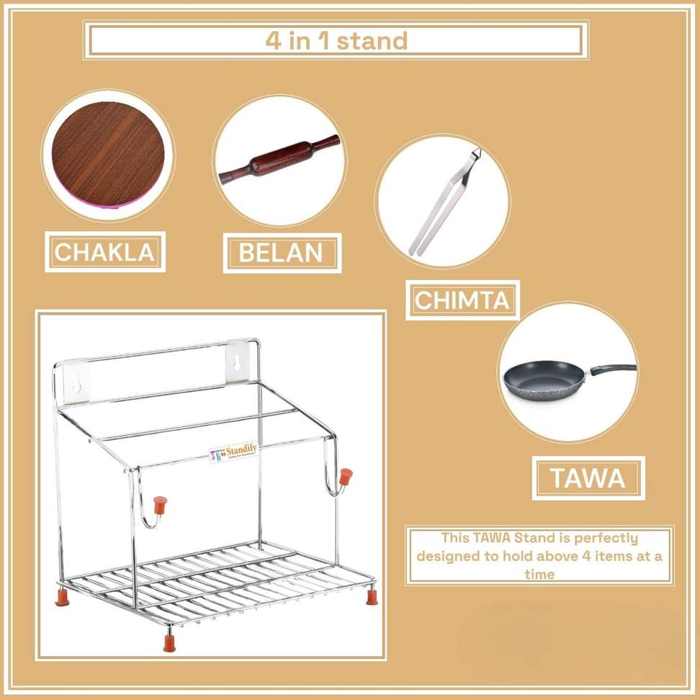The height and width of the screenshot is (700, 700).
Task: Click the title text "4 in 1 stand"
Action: tap(336, 40)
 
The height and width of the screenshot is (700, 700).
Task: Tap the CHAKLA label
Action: tap(105, 252)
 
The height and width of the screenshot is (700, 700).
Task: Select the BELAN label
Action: tap(281, 253)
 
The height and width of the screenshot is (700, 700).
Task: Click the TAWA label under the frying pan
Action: tap(588, 478)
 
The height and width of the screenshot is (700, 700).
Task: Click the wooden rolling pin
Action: tap(279, 160)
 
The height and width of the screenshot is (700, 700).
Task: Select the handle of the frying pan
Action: tap(614, 369)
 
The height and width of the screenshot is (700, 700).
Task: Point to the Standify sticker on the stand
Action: tap(233, 453)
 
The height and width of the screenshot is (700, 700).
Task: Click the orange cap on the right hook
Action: tap(346, 477)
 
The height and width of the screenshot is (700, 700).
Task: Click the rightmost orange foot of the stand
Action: tap(372, 597)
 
